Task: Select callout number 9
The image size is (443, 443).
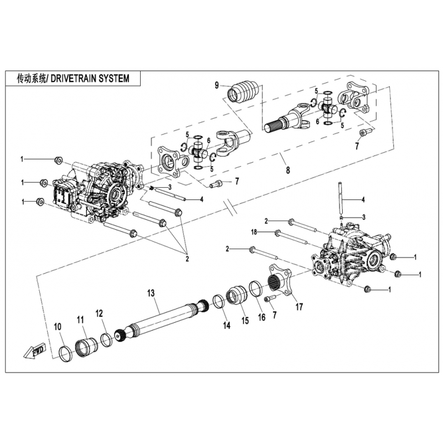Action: tap(218, 85)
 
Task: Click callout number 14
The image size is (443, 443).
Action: tap(226, 326)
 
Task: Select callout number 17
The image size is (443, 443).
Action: tap(299, 306)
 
